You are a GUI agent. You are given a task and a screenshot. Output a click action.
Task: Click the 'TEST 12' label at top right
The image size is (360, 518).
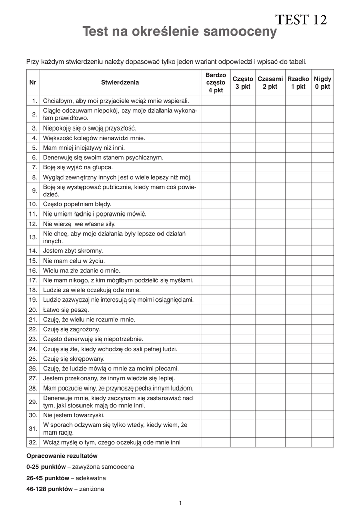point(301,20)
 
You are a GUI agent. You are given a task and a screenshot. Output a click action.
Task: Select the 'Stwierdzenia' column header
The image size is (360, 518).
point(119,82)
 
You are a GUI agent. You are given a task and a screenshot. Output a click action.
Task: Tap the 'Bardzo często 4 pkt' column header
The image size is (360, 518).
point(216,82)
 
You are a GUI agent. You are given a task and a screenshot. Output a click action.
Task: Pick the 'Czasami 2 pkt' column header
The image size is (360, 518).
point(270,82)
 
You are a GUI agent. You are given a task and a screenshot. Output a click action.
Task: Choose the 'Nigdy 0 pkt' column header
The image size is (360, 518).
point(323,82)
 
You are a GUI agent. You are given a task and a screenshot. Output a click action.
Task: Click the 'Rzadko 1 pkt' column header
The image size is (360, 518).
point(298,82)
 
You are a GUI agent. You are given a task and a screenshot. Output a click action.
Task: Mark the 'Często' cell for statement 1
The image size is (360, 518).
point(243,101)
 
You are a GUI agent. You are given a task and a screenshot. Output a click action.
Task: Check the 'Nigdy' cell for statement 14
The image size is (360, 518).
point(323,250)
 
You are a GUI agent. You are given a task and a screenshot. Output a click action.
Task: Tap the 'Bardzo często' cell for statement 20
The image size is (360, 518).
point(216,310)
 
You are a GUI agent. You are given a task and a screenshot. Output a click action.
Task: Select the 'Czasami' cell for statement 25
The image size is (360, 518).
point(270,359)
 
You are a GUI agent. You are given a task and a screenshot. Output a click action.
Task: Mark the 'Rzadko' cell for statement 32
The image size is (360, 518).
point(298,442)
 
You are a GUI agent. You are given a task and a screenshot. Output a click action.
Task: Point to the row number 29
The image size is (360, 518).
point(33,402)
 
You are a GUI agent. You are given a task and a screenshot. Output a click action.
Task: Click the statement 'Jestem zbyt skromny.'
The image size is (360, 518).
point(73,250)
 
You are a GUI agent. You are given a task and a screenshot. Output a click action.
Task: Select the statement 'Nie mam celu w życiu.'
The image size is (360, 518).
point(74,261)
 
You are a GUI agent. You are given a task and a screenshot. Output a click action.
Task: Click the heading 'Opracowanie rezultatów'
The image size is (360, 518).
point(61,456)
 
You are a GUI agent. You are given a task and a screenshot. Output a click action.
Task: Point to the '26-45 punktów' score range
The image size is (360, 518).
point(48,478)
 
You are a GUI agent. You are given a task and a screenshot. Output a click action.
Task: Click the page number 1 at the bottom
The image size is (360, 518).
point(180,503)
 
